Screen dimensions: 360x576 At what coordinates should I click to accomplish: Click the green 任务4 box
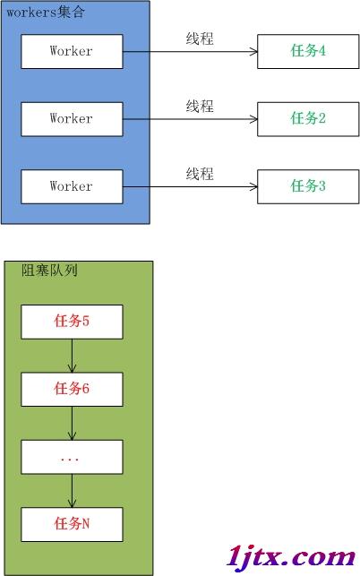tap(308, 51)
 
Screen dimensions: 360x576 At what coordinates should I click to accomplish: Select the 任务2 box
tap(308, 119)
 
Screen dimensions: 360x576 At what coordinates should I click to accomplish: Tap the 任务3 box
tap(308, 186)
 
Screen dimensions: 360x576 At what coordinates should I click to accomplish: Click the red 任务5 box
tap(72, 322)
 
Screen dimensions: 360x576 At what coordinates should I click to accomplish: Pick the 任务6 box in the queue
tap(72, 390)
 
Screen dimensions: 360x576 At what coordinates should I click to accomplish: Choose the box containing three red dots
tap(72, 457)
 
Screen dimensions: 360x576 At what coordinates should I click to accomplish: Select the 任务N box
tap(72, 525)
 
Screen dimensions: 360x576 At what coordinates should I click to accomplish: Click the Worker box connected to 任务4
tap(72, 51)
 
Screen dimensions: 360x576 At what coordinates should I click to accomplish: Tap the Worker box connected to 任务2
tap(72, 119)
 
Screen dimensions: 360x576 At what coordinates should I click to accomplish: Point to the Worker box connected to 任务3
tap(72, 186)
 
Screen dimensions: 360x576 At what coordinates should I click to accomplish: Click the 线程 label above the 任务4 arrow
tap(200, 39)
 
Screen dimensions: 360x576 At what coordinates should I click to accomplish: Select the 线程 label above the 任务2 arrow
tap(200, 107)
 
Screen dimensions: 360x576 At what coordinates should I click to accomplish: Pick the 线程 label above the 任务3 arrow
tap(200, 174)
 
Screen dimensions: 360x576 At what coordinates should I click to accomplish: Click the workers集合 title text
tap(46, 13)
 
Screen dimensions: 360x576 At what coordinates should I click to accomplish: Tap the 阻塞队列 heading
tap(49, 271)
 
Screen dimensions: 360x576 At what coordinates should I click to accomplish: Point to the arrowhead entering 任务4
tap(253, 51)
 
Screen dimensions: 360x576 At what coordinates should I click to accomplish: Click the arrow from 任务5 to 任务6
tap(72, 356)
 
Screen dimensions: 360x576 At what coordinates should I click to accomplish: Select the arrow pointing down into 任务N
tap(72, 491)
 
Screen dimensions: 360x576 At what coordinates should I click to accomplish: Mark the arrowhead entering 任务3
tap(253, 186)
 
